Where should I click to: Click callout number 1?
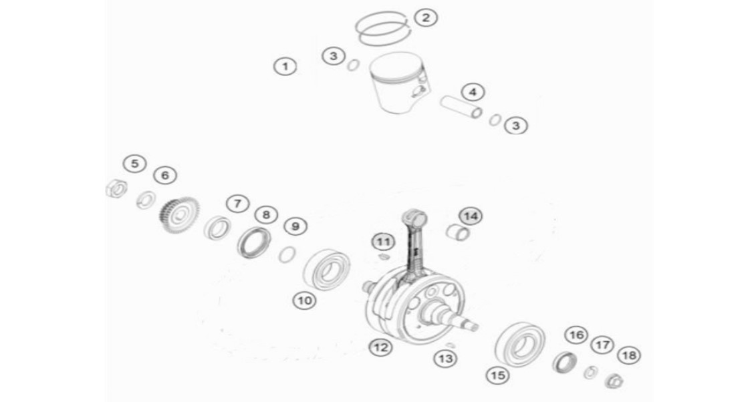(x=285, y=66)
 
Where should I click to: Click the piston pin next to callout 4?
(x=461, y=107)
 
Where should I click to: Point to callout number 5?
(x=134, y=164)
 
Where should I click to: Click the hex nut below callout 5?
(x=116, y=188)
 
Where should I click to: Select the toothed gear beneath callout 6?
(x=179, y=215)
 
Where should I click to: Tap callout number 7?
(x=237, y=204)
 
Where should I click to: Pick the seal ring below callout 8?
(x=254, y=243)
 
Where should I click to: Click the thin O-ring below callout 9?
(x=287, y=254)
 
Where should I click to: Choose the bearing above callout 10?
(x=327, y=269)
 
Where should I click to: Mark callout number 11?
(x=384, y=242)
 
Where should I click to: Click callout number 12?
(x=380, y=347)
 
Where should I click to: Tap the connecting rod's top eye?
(x=414, y=220)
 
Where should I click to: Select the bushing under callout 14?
(x=458, y=232)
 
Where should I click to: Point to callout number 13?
(x=446, y=359)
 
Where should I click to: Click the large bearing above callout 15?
(x=520, y=344)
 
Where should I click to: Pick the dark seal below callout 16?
(x=566, y=362)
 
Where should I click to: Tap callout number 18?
(x=629, y=355)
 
